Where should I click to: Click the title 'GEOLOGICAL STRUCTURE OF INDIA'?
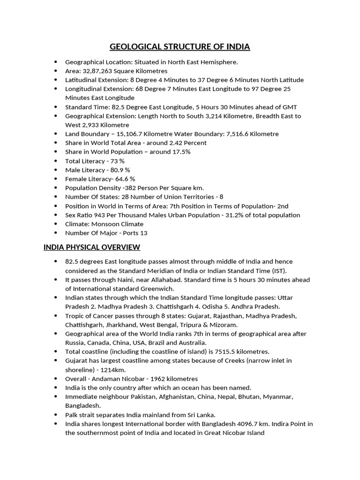coord(180,47)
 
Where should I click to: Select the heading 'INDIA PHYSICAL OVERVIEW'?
coord(92,247)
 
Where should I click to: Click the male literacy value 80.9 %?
coord(120,170)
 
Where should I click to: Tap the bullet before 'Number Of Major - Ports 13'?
coord(56,233)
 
